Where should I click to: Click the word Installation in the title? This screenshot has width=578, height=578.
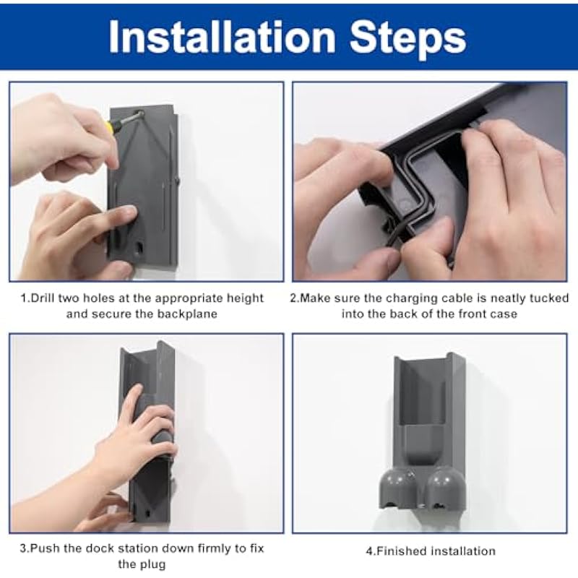coord(222,38)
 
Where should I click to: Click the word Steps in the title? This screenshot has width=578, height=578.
coord(408,40)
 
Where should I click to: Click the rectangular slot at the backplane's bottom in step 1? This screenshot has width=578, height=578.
coord(139,249)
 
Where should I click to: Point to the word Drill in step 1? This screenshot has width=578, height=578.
coord(43,298)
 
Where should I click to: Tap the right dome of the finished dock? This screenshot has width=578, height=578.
coord(446,483)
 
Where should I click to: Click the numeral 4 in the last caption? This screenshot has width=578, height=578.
coord(369,551)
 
